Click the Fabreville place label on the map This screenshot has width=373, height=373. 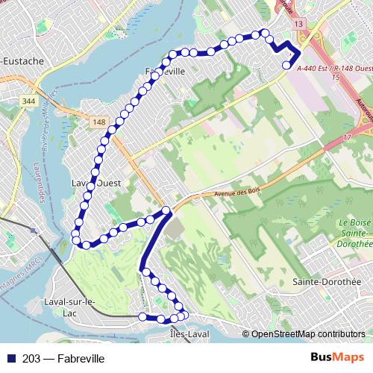point(166,71)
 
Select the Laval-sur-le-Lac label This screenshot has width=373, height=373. point(71,307)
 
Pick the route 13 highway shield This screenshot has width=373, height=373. point(299,25)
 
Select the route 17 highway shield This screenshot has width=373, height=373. point(347,138)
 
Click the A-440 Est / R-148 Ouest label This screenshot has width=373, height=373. point(333,68)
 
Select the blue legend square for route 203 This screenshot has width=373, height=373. point(12,359)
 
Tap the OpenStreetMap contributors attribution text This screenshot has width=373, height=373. point(308,334)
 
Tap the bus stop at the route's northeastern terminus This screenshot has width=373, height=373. point(286,66)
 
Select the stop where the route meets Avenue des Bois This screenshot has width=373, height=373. point(167,210)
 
